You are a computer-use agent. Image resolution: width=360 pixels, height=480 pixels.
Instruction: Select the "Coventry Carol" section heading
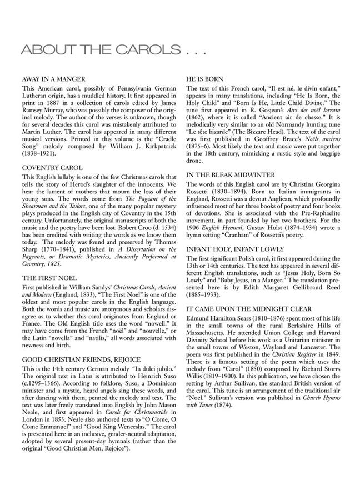click(x=52, y=167)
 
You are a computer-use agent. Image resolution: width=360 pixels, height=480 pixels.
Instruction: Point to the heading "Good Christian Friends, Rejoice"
click(x=81, y=359)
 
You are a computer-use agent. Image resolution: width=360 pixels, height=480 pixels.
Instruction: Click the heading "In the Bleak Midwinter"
click(x=228, y=174)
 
